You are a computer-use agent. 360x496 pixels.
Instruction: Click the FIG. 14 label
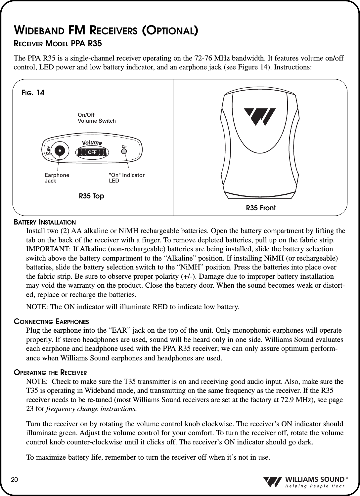[x=31, y=93]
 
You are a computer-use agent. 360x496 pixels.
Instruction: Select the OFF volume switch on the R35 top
[x=92, y=152]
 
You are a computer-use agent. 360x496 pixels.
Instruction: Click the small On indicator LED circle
[x=124, y=151]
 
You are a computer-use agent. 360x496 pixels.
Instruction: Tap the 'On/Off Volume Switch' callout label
[x=97, y=118]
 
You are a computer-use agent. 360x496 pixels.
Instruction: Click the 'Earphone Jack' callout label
[x=57, y=178]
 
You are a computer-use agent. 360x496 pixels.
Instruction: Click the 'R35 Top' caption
[x=91, y=196]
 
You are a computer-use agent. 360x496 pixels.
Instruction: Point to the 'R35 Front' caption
[x=261, y=208]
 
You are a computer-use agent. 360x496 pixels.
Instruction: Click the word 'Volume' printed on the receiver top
[x=91, y=143]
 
